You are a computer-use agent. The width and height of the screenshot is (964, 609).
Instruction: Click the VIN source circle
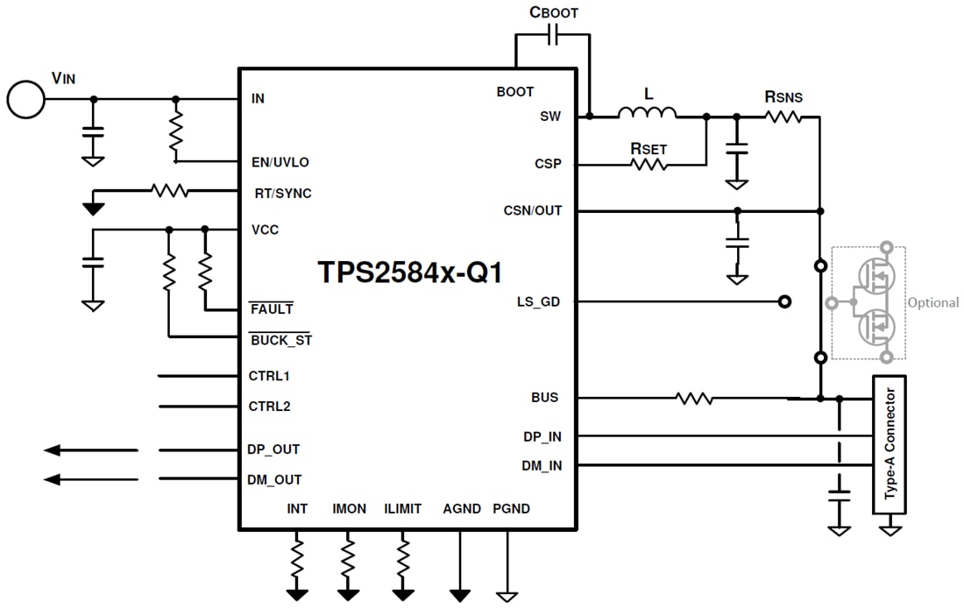(25, 99)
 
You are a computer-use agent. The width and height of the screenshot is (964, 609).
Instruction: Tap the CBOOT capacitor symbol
(553, 36)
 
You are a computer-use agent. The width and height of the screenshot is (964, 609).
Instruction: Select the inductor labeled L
(648, 112)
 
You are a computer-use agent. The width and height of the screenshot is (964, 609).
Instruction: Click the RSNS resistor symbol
(783, 116)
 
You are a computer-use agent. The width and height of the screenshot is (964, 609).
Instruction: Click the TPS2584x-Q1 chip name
(410, 273)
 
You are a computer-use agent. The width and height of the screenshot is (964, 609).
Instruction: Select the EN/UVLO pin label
(280, 162)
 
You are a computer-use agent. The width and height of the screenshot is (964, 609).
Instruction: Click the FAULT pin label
(272, 309)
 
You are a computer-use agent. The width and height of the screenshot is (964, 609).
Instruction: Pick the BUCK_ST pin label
(280, 340)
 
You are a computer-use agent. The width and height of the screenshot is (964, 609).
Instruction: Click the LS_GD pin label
(538, 301)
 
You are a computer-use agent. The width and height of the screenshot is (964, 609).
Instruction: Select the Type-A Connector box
(890, 445)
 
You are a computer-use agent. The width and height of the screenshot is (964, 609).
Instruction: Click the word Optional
(932, 302)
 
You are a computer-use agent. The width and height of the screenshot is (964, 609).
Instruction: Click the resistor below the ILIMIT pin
(403, 556)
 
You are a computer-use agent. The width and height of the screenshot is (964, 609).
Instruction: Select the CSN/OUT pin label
(533, 210)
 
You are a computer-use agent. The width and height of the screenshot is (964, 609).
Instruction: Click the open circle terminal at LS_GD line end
(784, 301)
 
